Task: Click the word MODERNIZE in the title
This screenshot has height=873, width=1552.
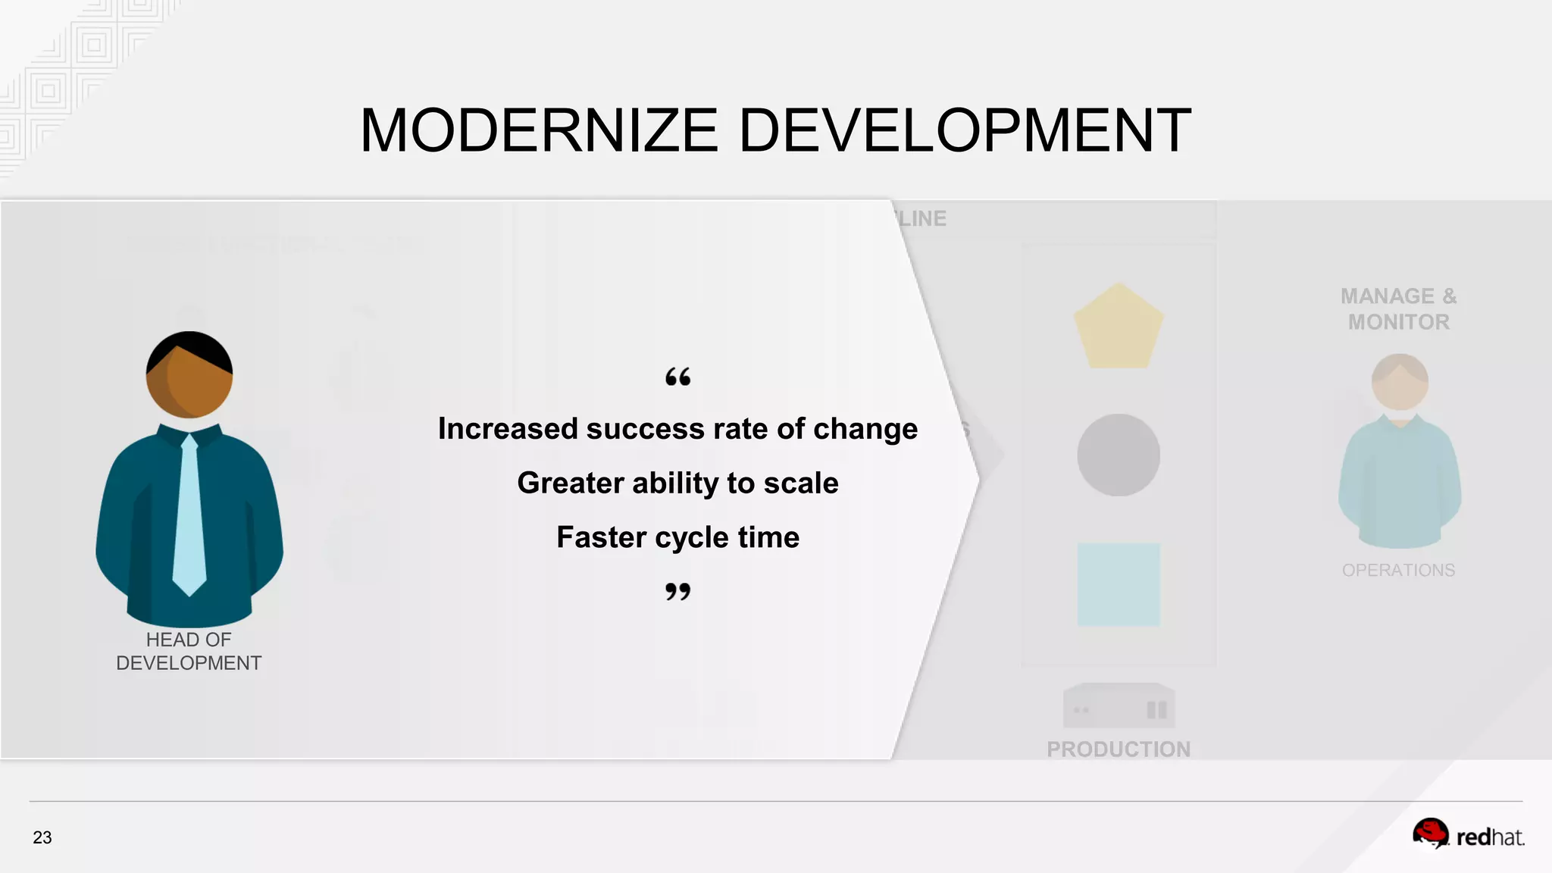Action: coord(539,130)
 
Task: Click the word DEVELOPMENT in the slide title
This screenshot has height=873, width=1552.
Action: coord(964,130)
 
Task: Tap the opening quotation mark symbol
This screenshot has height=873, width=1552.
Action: coord(677,377)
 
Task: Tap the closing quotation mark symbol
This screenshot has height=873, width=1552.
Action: coord(677,591)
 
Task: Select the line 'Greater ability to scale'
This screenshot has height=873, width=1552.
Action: coord(677,483)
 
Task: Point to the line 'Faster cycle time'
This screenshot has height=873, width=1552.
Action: coord(677,537)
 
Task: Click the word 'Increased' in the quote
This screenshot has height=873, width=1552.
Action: coord(508,429)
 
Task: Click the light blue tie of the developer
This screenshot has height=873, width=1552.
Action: coord(189,515)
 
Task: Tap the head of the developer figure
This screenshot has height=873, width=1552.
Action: coord(189,374)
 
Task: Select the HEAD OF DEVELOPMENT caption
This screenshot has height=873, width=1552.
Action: coord(189,651)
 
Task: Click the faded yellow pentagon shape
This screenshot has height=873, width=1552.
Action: coord(1119,328)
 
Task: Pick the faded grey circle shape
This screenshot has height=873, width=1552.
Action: coord(1119,455)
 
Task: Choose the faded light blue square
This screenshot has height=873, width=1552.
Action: coord(1119,584)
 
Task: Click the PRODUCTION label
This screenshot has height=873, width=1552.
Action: coord(1119,749)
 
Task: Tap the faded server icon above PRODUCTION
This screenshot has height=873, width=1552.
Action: coord(1119,706)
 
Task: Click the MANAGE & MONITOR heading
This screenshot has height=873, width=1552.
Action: coord(1398,308)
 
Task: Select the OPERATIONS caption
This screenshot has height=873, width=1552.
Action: coord(1398,570)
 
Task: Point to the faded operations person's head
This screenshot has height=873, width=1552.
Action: coord(1400,381)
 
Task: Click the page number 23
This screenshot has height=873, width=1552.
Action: coord(42,837)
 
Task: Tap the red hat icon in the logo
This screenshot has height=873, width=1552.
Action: coord(1430,834)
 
